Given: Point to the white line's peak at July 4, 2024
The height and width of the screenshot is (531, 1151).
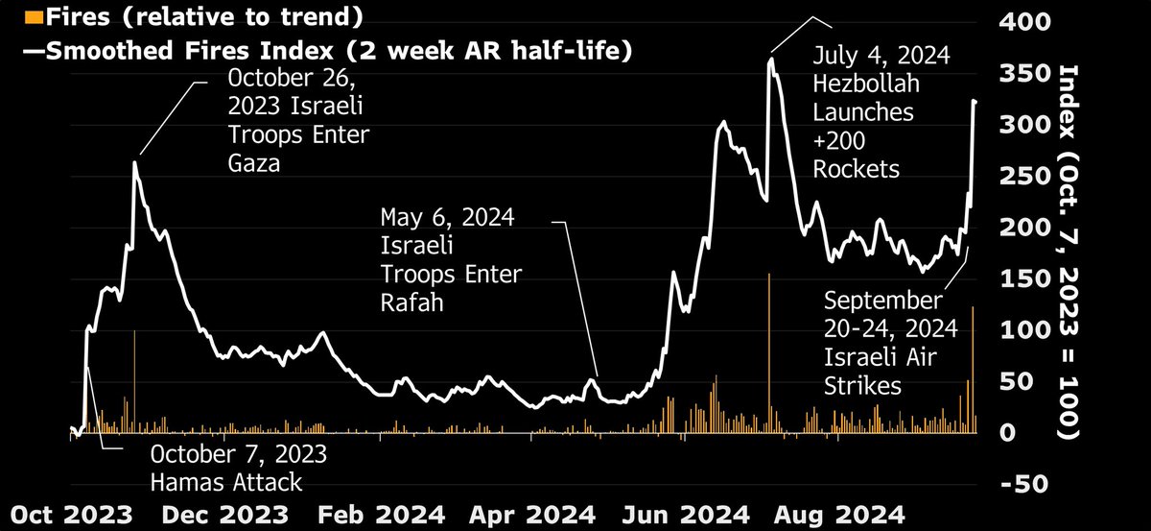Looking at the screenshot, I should (x=770, y=60).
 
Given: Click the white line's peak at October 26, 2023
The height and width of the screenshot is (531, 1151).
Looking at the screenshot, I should (x=134, y=163).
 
